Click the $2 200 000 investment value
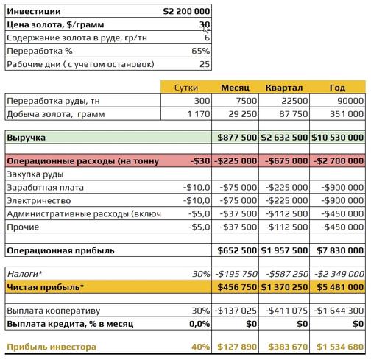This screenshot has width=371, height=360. [x=186, y=11]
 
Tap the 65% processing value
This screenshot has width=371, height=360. [x=201, y=51]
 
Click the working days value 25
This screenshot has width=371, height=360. [x=204, y=64]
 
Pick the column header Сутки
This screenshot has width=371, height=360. [x=185, y=87]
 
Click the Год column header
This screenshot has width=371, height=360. [x=338, y=87]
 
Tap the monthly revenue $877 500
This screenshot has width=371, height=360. [x=237, y=138]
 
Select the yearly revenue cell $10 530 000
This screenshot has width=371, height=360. [x=338, y=138]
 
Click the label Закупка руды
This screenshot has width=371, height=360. [x=35, y=174]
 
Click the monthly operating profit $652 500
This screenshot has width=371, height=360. [x=237, y=251]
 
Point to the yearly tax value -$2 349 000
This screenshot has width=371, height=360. [x=339, y=274]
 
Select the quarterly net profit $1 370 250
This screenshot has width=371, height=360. [x=286, y=287]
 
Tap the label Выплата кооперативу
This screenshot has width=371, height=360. [x=53, y=311]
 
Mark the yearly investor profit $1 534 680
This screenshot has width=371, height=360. [x=339, y=347]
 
